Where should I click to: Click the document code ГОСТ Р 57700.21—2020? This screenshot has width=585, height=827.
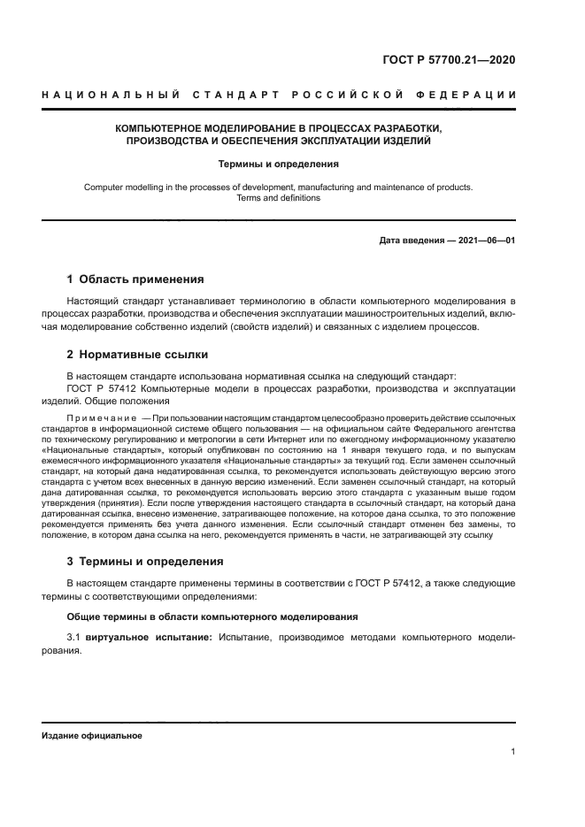446,60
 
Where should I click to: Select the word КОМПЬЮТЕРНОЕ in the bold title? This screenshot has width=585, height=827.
163,128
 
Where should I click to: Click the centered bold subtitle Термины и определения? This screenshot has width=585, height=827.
278,164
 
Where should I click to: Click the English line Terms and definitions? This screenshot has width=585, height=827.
278,198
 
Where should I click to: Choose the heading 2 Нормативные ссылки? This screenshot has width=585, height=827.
137,355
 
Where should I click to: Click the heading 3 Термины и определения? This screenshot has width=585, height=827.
145,562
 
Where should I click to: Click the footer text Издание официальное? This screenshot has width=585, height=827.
91,735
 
